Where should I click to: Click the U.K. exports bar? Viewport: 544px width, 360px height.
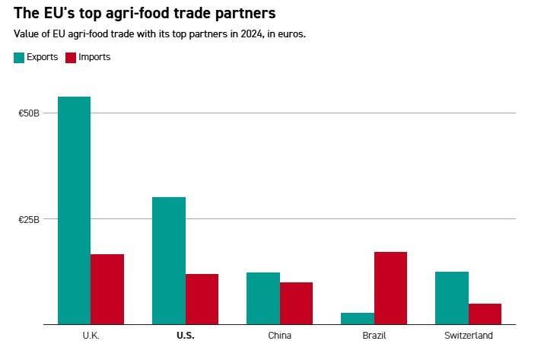tap(74, 210)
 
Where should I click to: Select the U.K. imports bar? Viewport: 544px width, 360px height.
tap(107, 289)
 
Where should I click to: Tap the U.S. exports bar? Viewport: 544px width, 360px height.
tap(168, 260)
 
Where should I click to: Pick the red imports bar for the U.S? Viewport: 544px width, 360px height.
tap(202, 299)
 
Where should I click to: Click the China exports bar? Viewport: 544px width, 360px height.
tap(262, 298)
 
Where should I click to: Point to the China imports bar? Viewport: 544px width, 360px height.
tap(296, 303)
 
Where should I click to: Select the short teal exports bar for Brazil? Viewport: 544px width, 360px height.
tap(358, 318)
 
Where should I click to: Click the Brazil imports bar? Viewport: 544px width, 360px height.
tap(390, 288)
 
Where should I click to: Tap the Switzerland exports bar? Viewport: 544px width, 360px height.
tap(452, 298)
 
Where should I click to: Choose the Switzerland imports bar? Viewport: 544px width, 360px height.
tap(485, 314)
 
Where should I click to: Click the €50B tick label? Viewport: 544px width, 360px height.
tap(29, 113)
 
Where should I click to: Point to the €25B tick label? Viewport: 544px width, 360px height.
tap(29, 219)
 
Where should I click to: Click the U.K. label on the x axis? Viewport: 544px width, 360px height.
tap(91, 336)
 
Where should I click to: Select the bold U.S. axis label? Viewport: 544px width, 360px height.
tap(185, 336)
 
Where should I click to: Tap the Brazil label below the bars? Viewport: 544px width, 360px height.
tap(374, 336)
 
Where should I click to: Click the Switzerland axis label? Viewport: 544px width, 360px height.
tap(469, 336)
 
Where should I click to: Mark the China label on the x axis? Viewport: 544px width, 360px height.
tap(279, 336)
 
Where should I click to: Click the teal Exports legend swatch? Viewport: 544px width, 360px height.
tap(19, 57)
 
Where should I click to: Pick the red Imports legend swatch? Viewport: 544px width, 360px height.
tap(71, 57)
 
